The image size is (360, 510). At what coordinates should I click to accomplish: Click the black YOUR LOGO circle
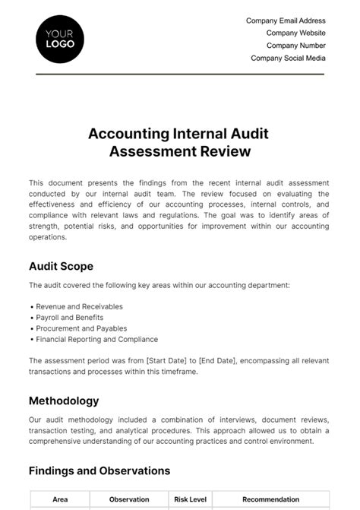click(x=60, y=39)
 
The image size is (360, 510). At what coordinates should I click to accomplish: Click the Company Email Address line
click(x=286, y=21)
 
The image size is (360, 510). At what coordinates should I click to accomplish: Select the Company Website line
click(x=295, y=33)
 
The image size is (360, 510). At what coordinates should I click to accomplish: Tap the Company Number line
click(x=295, y=46)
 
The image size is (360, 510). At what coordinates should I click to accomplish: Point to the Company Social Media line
click(x=288, y=58)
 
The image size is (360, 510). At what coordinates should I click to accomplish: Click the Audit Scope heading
click(x=61, y=266)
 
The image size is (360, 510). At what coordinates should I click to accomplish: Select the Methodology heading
click(x=64, y=401)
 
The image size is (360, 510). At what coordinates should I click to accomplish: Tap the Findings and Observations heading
click(x=99, y=470)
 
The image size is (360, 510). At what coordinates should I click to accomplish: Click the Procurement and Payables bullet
click(x=77, y=328)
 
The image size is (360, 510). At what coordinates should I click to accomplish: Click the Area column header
click(x=60, y=499)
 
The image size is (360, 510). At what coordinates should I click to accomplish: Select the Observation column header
click(x=128, y=499)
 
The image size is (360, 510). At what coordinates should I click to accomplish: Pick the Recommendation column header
click(x=270, y=499)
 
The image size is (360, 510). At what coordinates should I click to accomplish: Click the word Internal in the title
click(x=189, y=134)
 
